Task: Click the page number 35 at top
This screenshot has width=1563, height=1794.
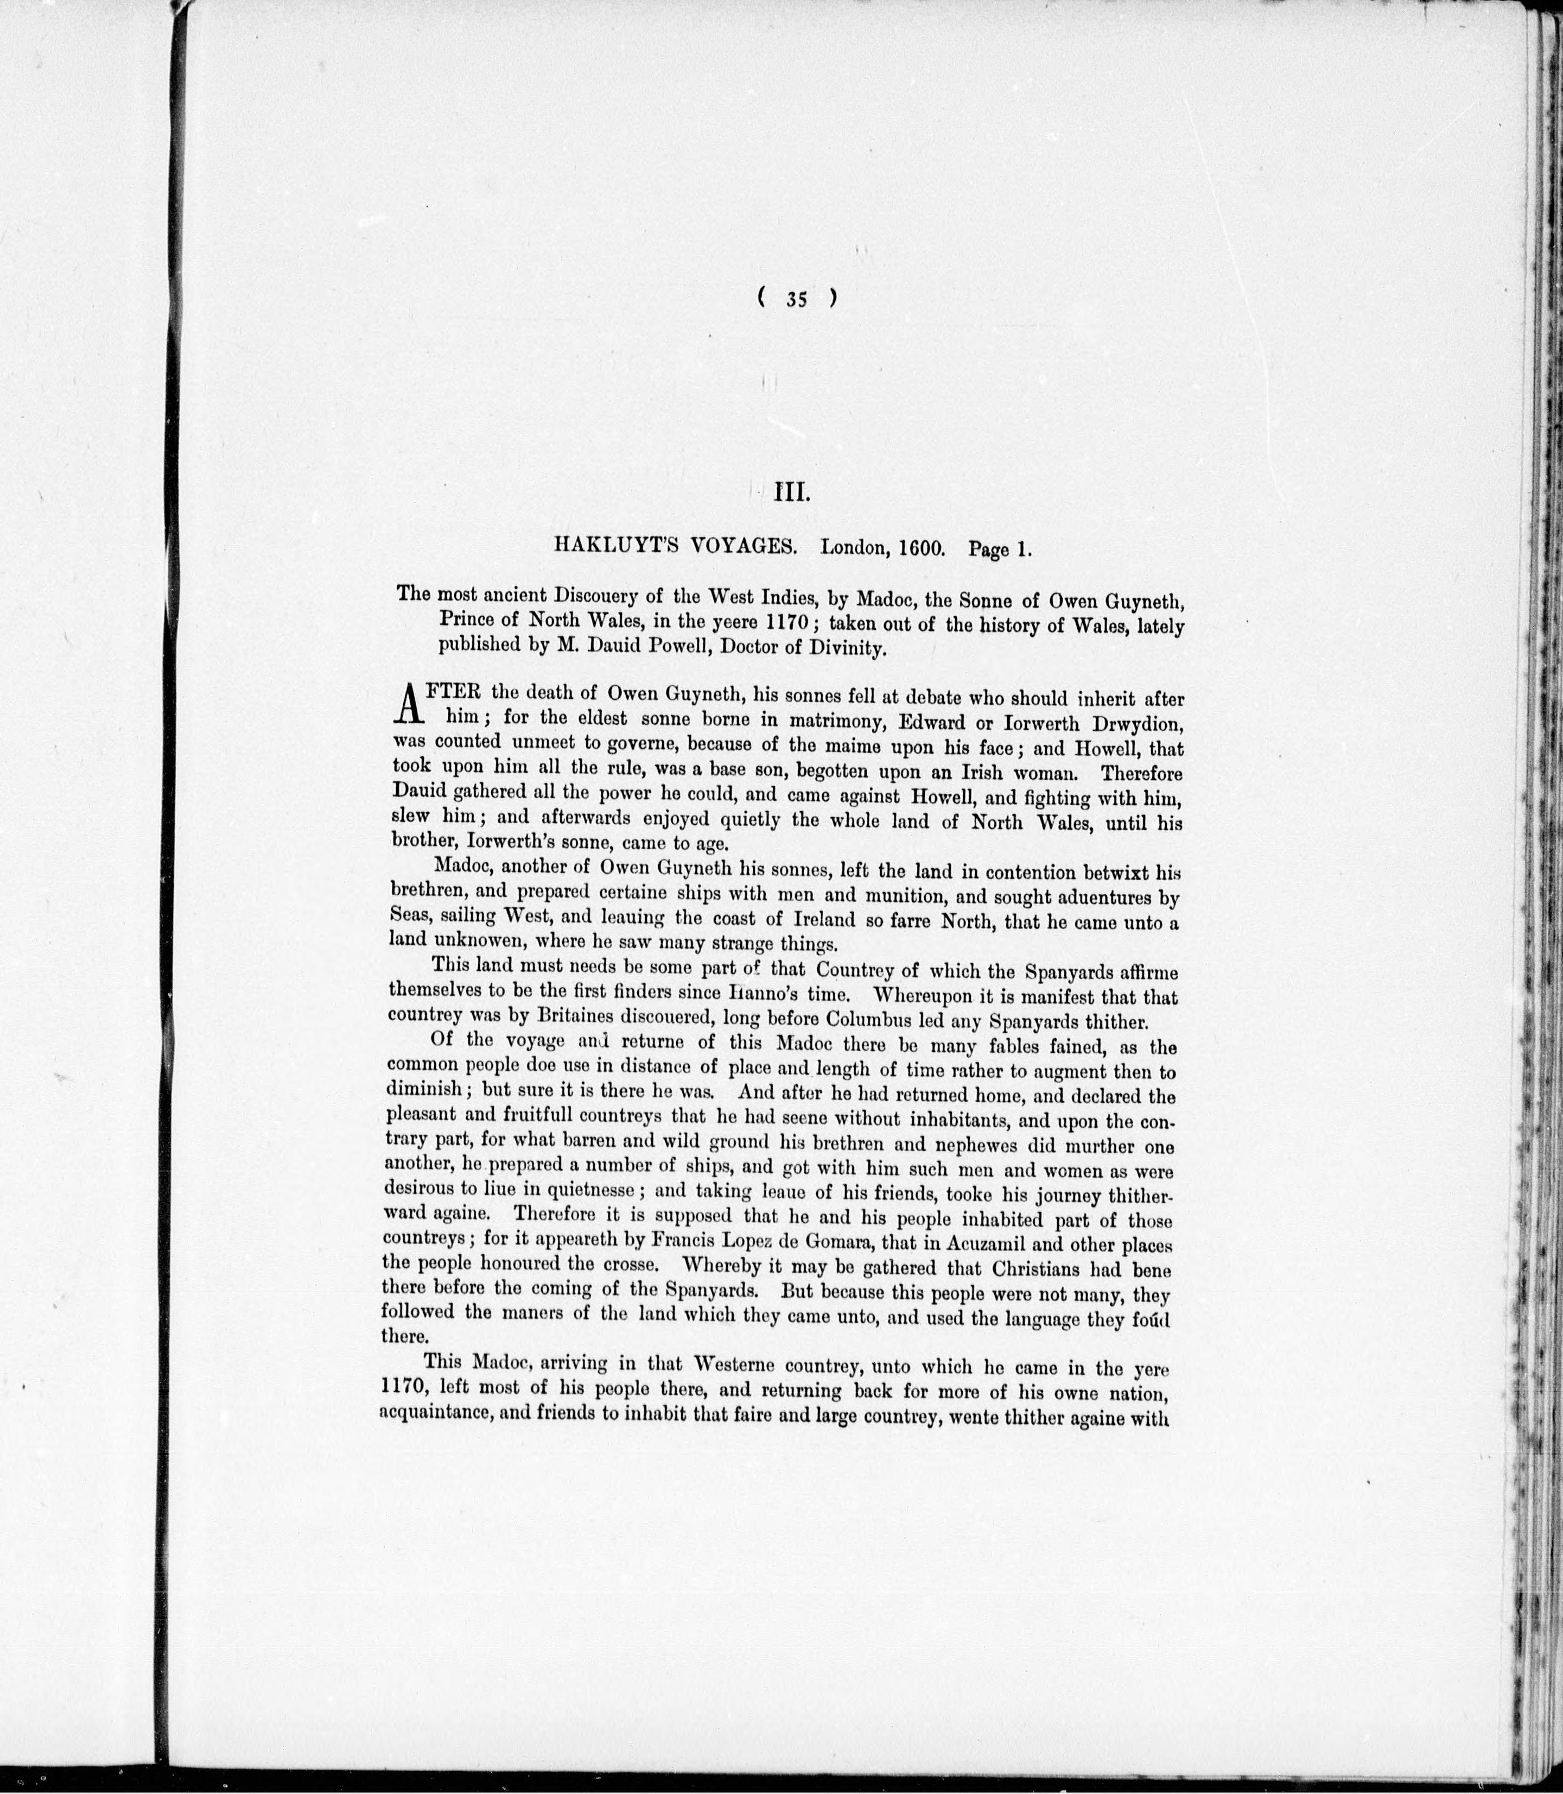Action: tap(796, 299)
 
